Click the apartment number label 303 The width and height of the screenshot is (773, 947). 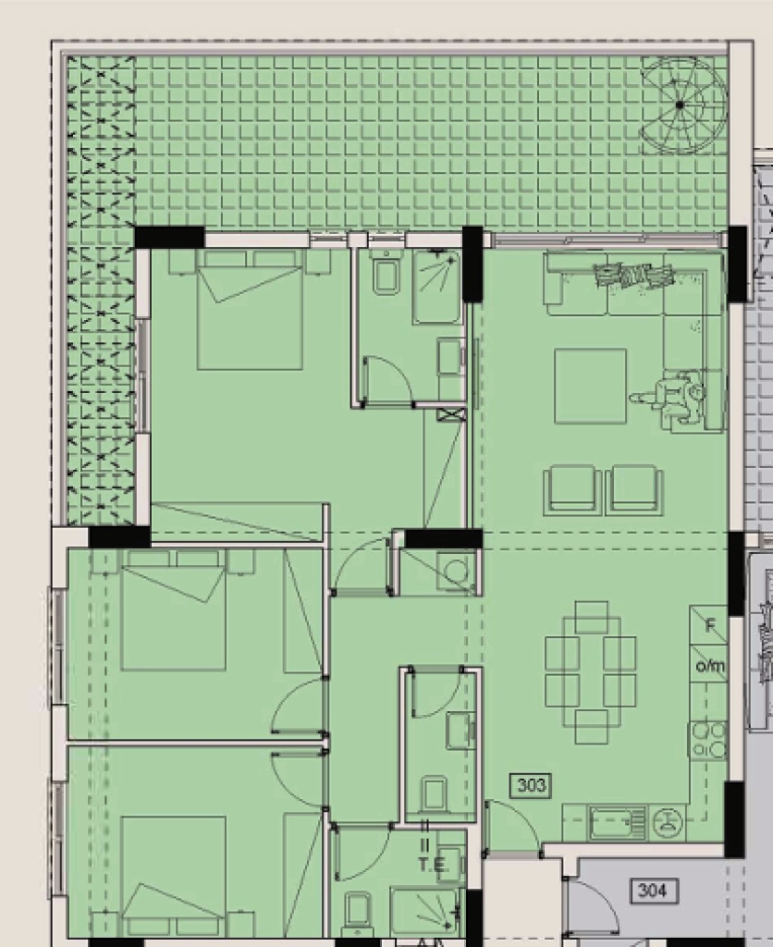[531, 785]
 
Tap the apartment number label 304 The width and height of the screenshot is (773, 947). [653, 891]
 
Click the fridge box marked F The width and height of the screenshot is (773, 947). [708, 626]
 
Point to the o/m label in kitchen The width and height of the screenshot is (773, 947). [709, 666]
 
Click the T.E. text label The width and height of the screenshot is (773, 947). [432, 865]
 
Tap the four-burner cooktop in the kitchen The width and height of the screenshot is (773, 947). [708, 741]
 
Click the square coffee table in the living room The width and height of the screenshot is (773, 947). [590, 386]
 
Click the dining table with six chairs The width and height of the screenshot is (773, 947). [591, 672]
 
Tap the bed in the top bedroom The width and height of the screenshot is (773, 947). [250, 309]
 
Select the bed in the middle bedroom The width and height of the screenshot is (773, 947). [173, 610]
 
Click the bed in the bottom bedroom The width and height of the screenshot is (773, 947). [173, 876]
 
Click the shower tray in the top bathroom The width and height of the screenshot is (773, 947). [436, 287]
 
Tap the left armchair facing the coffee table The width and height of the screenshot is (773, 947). [572, 490]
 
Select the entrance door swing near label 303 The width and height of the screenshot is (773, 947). [513, 824]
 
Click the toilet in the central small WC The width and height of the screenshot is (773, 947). [434, 793]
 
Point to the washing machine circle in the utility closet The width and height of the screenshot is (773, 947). [456, 571]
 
